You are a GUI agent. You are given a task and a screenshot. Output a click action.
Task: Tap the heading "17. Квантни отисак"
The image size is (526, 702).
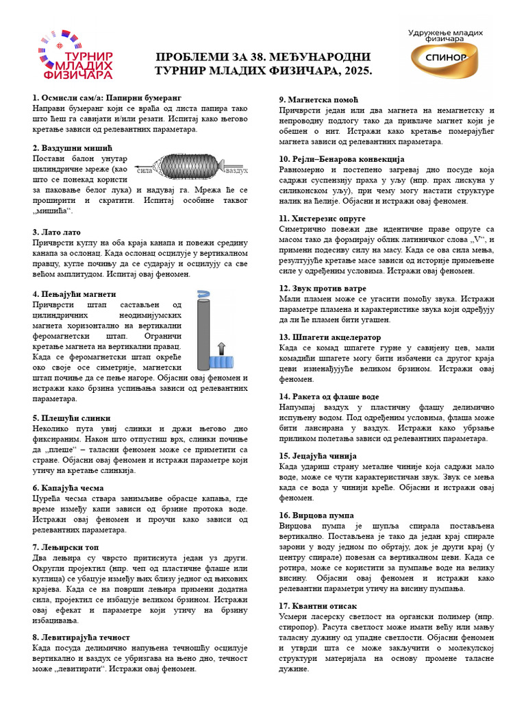pyautogui.click(x=318, y=605)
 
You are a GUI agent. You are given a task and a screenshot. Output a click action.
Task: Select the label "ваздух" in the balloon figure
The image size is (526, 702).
pyautogui.click(x=236, y=169)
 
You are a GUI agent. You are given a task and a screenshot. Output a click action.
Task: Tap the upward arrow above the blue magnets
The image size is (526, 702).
pyautogui.click(x=221, y=346)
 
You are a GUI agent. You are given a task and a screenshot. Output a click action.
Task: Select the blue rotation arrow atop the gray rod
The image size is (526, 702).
pyautogui.click(x=203, y=293)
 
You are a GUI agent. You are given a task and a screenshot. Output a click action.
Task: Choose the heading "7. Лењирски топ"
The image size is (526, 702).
pyautogui.click(x=66, y=547)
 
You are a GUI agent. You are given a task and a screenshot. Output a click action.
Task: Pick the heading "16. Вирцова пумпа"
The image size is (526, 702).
pyautogui.click(x=316, y=514)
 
